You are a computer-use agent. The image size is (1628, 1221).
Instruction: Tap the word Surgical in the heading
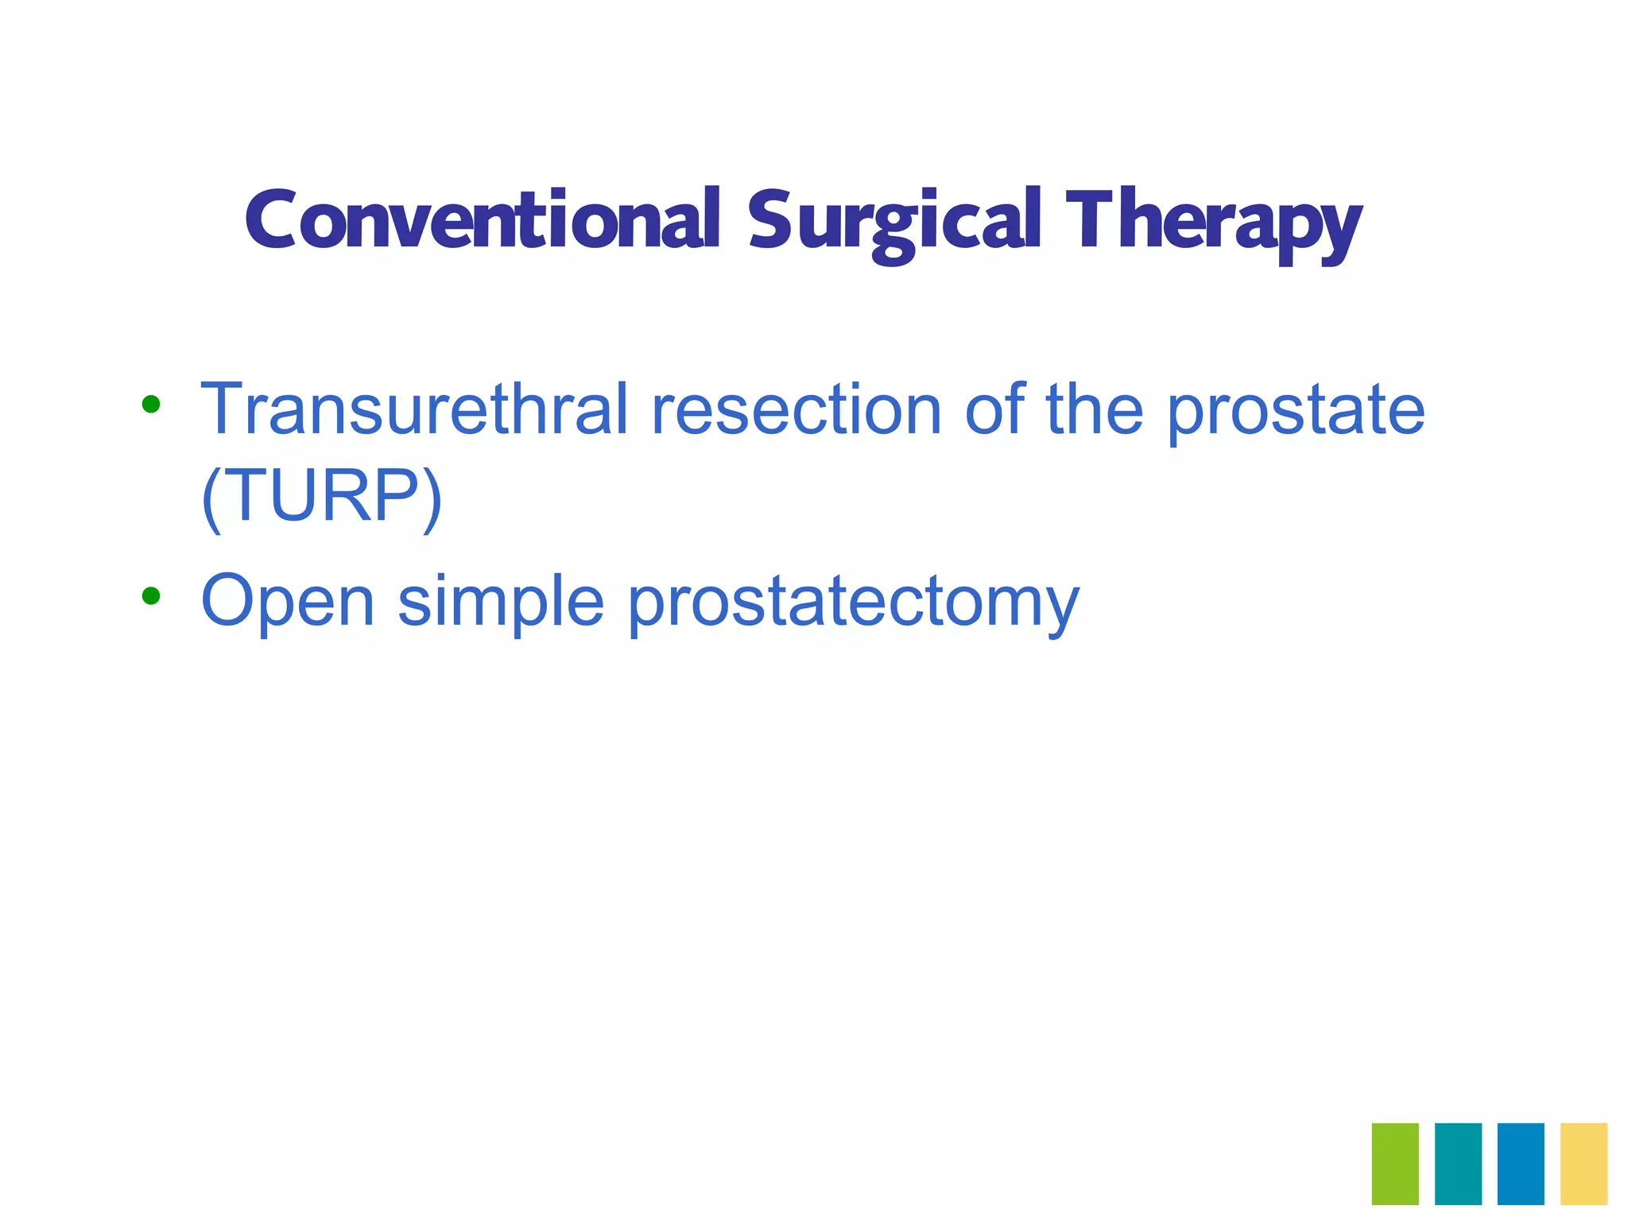893,223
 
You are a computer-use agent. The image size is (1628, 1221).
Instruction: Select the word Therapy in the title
1214,223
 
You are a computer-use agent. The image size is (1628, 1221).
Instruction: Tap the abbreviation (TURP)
322,498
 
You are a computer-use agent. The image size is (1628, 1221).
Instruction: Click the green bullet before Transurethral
150,405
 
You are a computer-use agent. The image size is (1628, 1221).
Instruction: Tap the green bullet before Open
150,595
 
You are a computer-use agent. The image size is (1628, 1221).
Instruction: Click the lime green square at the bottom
1395,1163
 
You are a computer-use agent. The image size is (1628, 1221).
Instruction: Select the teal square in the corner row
1458,1163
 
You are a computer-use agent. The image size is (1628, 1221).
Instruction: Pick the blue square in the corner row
1521,1163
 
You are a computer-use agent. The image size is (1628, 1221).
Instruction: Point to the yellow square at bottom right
1583,1163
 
